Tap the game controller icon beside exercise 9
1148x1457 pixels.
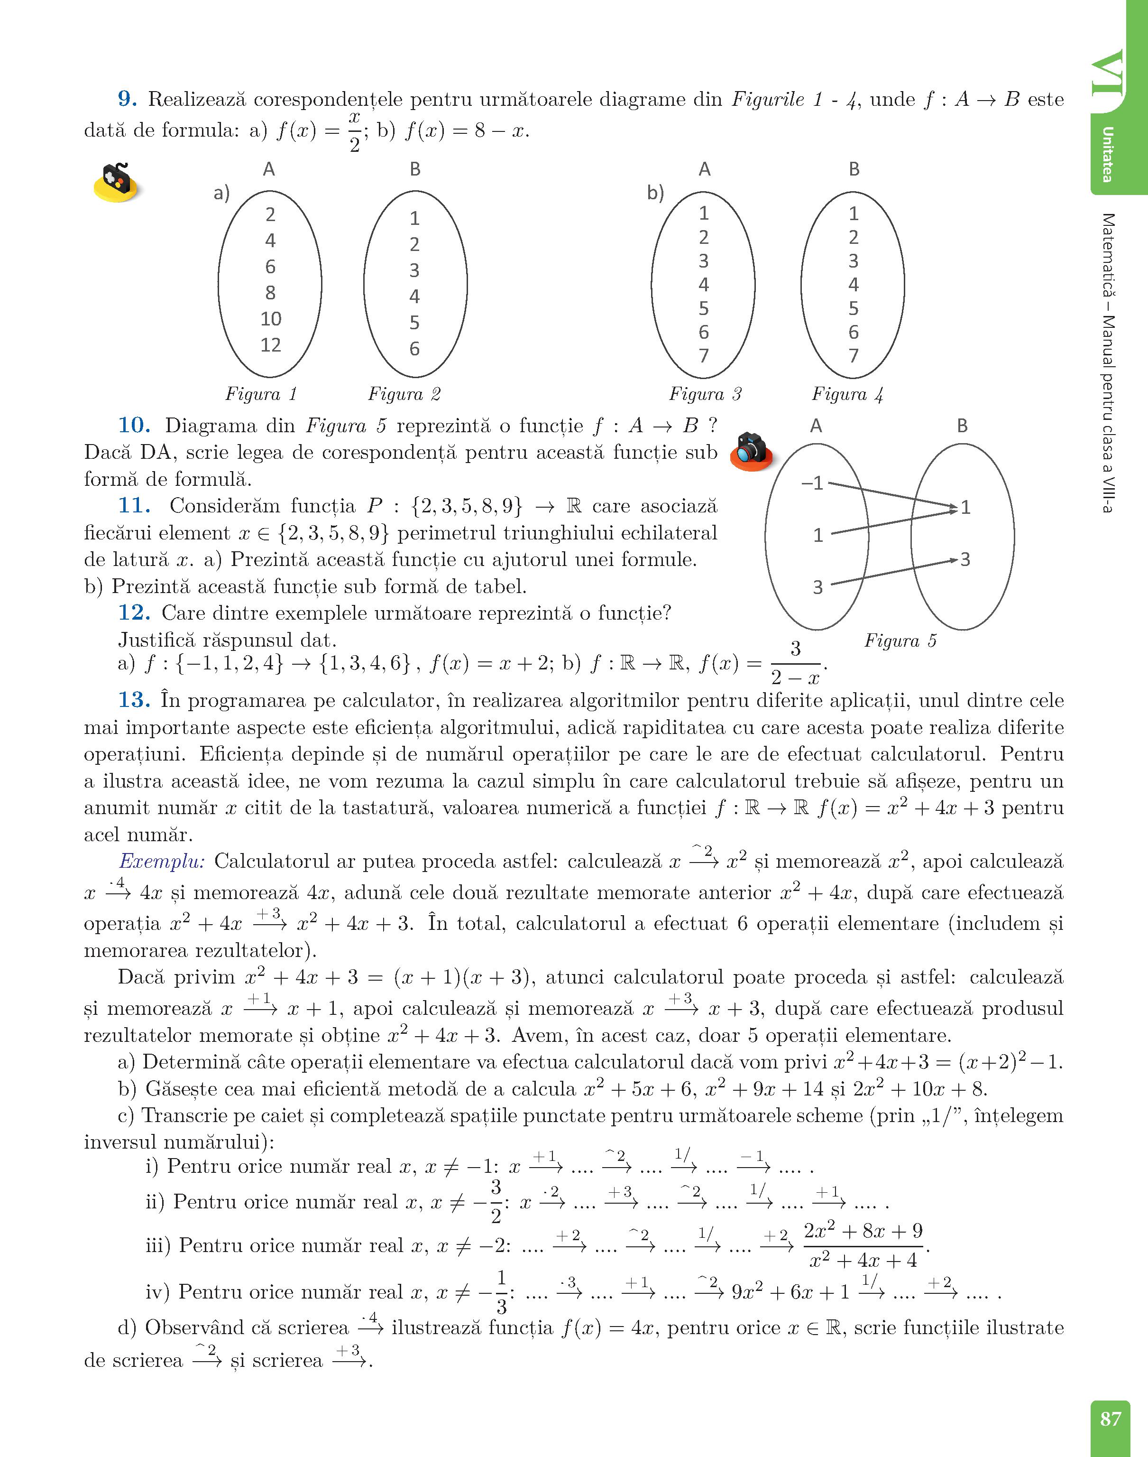pos(118,182)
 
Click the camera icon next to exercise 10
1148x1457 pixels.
pos(751,451)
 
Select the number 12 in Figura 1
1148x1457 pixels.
pos(270,345)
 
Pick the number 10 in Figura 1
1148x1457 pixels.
pos(270,319)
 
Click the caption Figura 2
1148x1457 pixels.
pos(404,394)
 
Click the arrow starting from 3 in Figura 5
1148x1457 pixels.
pos(894,572)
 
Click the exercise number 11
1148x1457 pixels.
pos(134,506)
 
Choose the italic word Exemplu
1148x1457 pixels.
pos(162,861)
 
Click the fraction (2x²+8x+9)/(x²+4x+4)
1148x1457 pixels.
pos(863,1246)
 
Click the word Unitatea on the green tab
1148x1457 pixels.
pos(1107,155)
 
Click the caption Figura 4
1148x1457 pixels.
pos(847,394)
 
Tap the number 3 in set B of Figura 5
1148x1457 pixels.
pos(965,559)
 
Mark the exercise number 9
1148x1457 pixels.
pos(128,100)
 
